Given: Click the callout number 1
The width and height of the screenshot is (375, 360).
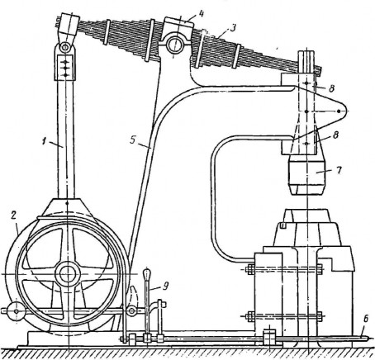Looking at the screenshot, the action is coord(44,142).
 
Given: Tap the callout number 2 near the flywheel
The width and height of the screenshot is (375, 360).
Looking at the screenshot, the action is coord(13,216).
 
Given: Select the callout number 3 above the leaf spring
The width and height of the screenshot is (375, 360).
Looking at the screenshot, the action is coord(233,28).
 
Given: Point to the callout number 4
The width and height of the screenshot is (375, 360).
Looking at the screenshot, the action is coord(201,14).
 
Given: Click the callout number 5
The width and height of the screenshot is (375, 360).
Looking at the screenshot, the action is coord(133,140).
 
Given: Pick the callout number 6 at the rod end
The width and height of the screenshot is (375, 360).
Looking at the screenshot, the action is coord(366,319).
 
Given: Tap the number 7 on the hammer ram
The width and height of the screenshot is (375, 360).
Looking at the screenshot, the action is coord(339,170).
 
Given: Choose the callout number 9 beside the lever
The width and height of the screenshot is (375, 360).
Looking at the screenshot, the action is coord(165,287).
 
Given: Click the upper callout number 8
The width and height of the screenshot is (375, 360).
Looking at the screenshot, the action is coord(331,88).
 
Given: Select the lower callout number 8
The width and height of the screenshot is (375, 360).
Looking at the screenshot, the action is coord(335,135).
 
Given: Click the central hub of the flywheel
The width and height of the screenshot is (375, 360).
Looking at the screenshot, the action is coord(67,274).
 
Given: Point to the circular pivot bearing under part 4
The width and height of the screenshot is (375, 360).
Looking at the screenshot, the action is coord(174,44).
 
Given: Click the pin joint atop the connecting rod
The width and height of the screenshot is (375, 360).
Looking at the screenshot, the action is coord(65,47).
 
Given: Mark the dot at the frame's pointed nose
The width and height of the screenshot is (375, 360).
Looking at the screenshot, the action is coord(339,111).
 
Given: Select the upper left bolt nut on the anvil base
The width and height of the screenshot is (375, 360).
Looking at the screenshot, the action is coord(250,269).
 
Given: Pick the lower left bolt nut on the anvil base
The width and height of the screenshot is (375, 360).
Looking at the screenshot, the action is coord(250,316).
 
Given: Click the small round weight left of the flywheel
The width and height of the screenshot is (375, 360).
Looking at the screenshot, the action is coord(17,311).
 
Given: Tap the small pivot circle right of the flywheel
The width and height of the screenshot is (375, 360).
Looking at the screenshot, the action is coord(131,311).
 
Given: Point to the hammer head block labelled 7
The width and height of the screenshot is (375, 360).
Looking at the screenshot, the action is coord(307,175).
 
